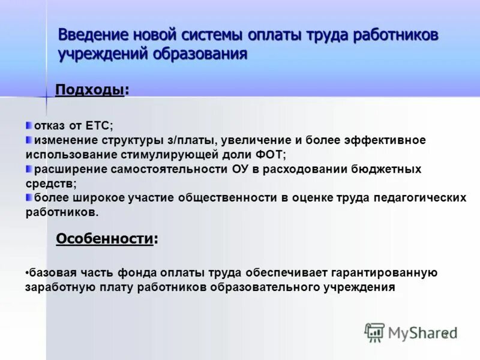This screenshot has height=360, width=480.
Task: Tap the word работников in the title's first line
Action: pos(396,35)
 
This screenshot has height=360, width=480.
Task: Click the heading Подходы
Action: pos(89,90)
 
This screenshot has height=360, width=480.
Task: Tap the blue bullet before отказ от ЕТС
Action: pos(29,125)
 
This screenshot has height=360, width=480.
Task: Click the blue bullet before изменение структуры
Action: pos(29,140)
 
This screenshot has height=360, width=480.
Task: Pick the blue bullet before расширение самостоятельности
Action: pos(29,169)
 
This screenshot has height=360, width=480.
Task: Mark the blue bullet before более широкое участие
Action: pos(29,197)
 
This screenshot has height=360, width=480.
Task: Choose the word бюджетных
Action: pos(389,169)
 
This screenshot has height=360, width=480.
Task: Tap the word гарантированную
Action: pos(385,273)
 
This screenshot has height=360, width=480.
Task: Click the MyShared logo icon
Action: pos(374,332)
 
